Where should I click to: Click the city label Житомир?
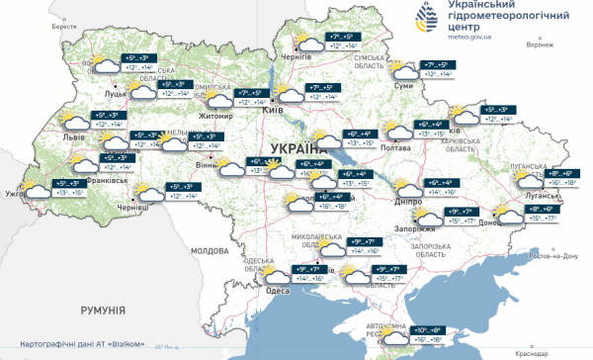pyautogui.click(x=216, y=116)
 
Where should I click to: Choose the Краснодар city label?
pyautogui.click(x=531, y=351)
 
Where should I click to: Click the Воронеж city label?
pyautogui.click(x=539, y=45)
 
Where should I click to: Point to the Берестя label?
pyautogui.click(x=64, y=27)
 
